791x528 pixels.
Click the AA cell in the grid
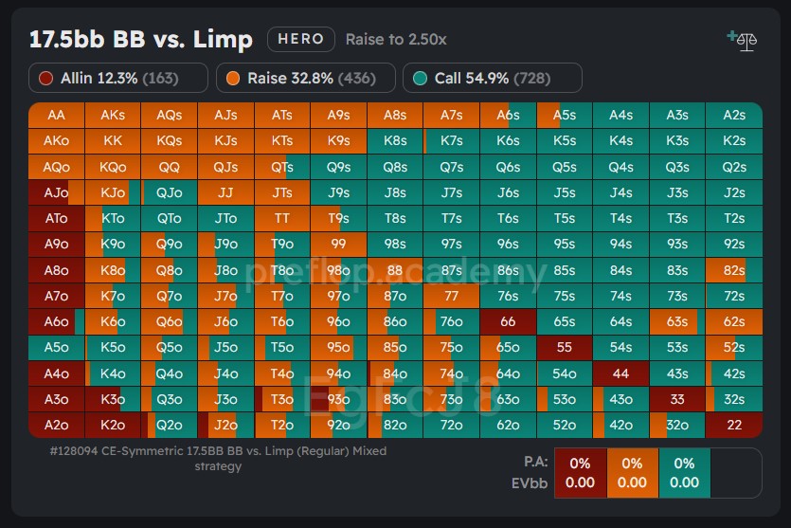click(56, 115)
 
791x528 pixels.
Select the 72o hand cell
click(452, 425)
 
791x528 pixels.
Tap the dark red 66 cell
click(508, 321)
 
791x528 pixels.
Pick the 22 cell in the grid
click(733, 425)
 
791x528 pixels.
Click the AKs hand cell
click(113, 115)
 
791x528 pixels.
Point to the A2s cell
click(733, 115)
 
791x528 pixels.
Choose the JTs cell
click(282, 192)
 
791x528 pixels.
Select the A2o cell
click(56, 425)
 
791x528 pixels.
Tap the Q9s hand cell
click(338, 167)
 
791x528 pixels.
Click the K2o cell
click(113, 425)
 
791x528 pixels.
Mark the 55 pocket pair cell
click(565, 347)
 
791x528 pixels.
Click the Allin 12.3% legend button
click(118, 78)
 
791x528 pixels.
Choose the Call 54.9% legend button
click(492, 78)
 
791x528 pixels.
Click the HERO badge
click(302, 39)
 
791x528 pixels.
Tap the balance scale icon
click(743, 40)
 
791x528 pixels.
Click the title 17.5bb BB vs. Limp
click(141, 39)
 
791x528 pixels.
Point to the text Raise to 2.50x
click(396, 40)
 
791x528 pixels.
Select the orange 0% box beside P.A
click(632, 464)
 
